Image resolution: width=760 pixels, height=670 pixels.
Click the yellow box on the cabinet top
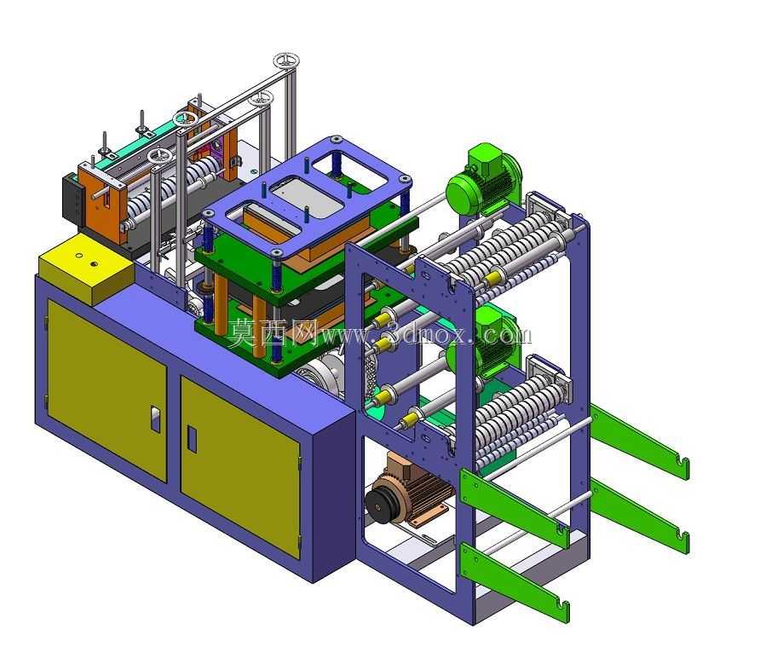click(x=86, y=268)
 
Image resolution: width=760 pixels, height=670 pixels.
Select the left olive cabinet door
click(x=107, y=389)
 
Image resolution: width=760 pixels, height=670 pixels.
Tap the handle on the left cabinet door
click(x=155, y=419)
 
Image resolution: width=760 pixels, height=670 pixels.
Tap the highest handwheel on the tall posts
click(x=286, y=61)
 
